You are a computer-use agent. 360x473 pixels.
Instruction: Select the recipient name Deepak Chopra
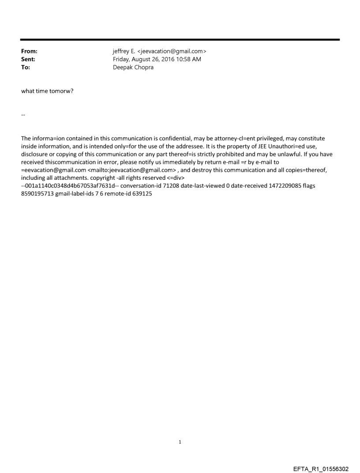[x=133, y=67]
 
